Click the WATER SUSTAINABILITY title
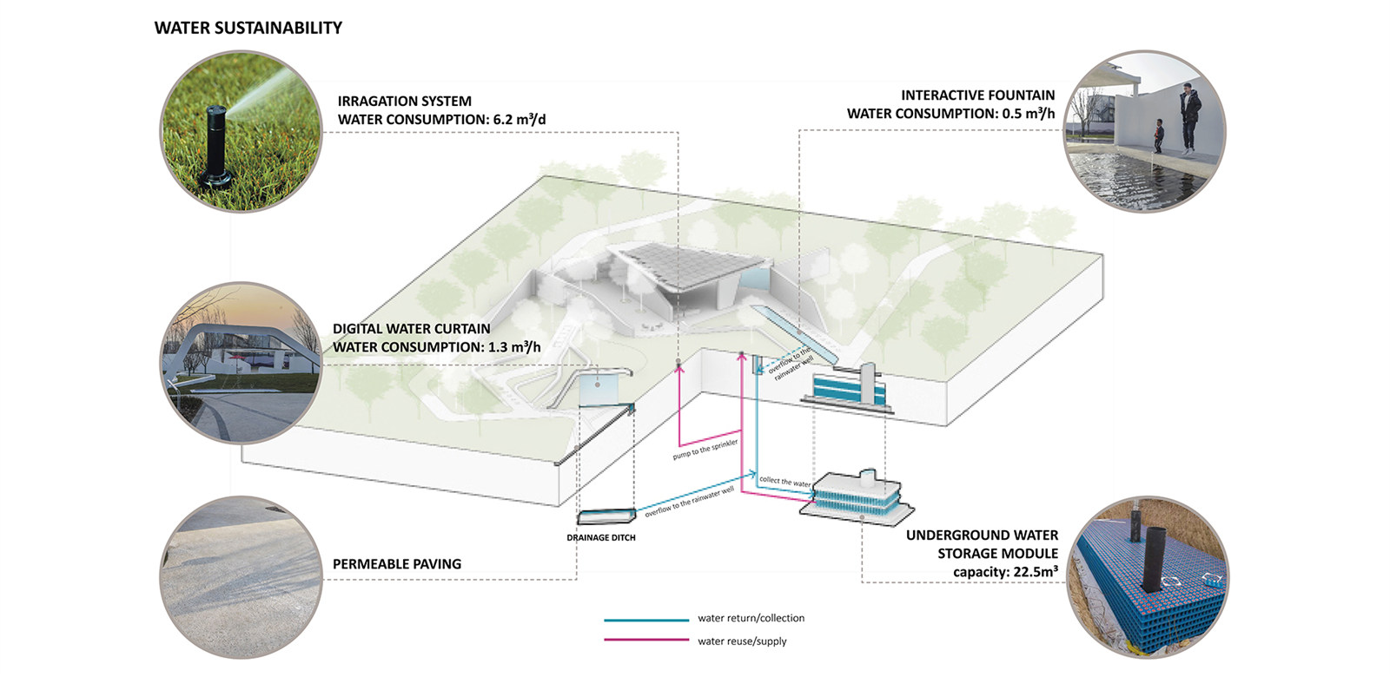point(248,28)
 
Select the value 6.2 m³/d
point(520,120)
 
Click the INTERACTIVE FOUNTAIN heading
point(977,95)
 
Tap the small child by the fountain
point(1158,138)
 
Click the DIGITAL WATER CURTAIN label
point(412,329)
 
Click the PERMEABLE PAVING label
point(397,564)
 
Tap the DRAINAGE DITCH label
point(601,538)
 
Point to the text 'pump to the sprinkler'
point(705,450)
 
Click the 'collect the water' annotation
point(784,481)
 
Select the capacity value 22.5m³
point(1033,572)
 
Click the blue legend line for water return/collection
point(646,620)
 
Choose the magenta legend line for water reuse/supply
point(646,641)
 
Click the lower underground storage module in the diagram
point(855,500)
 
